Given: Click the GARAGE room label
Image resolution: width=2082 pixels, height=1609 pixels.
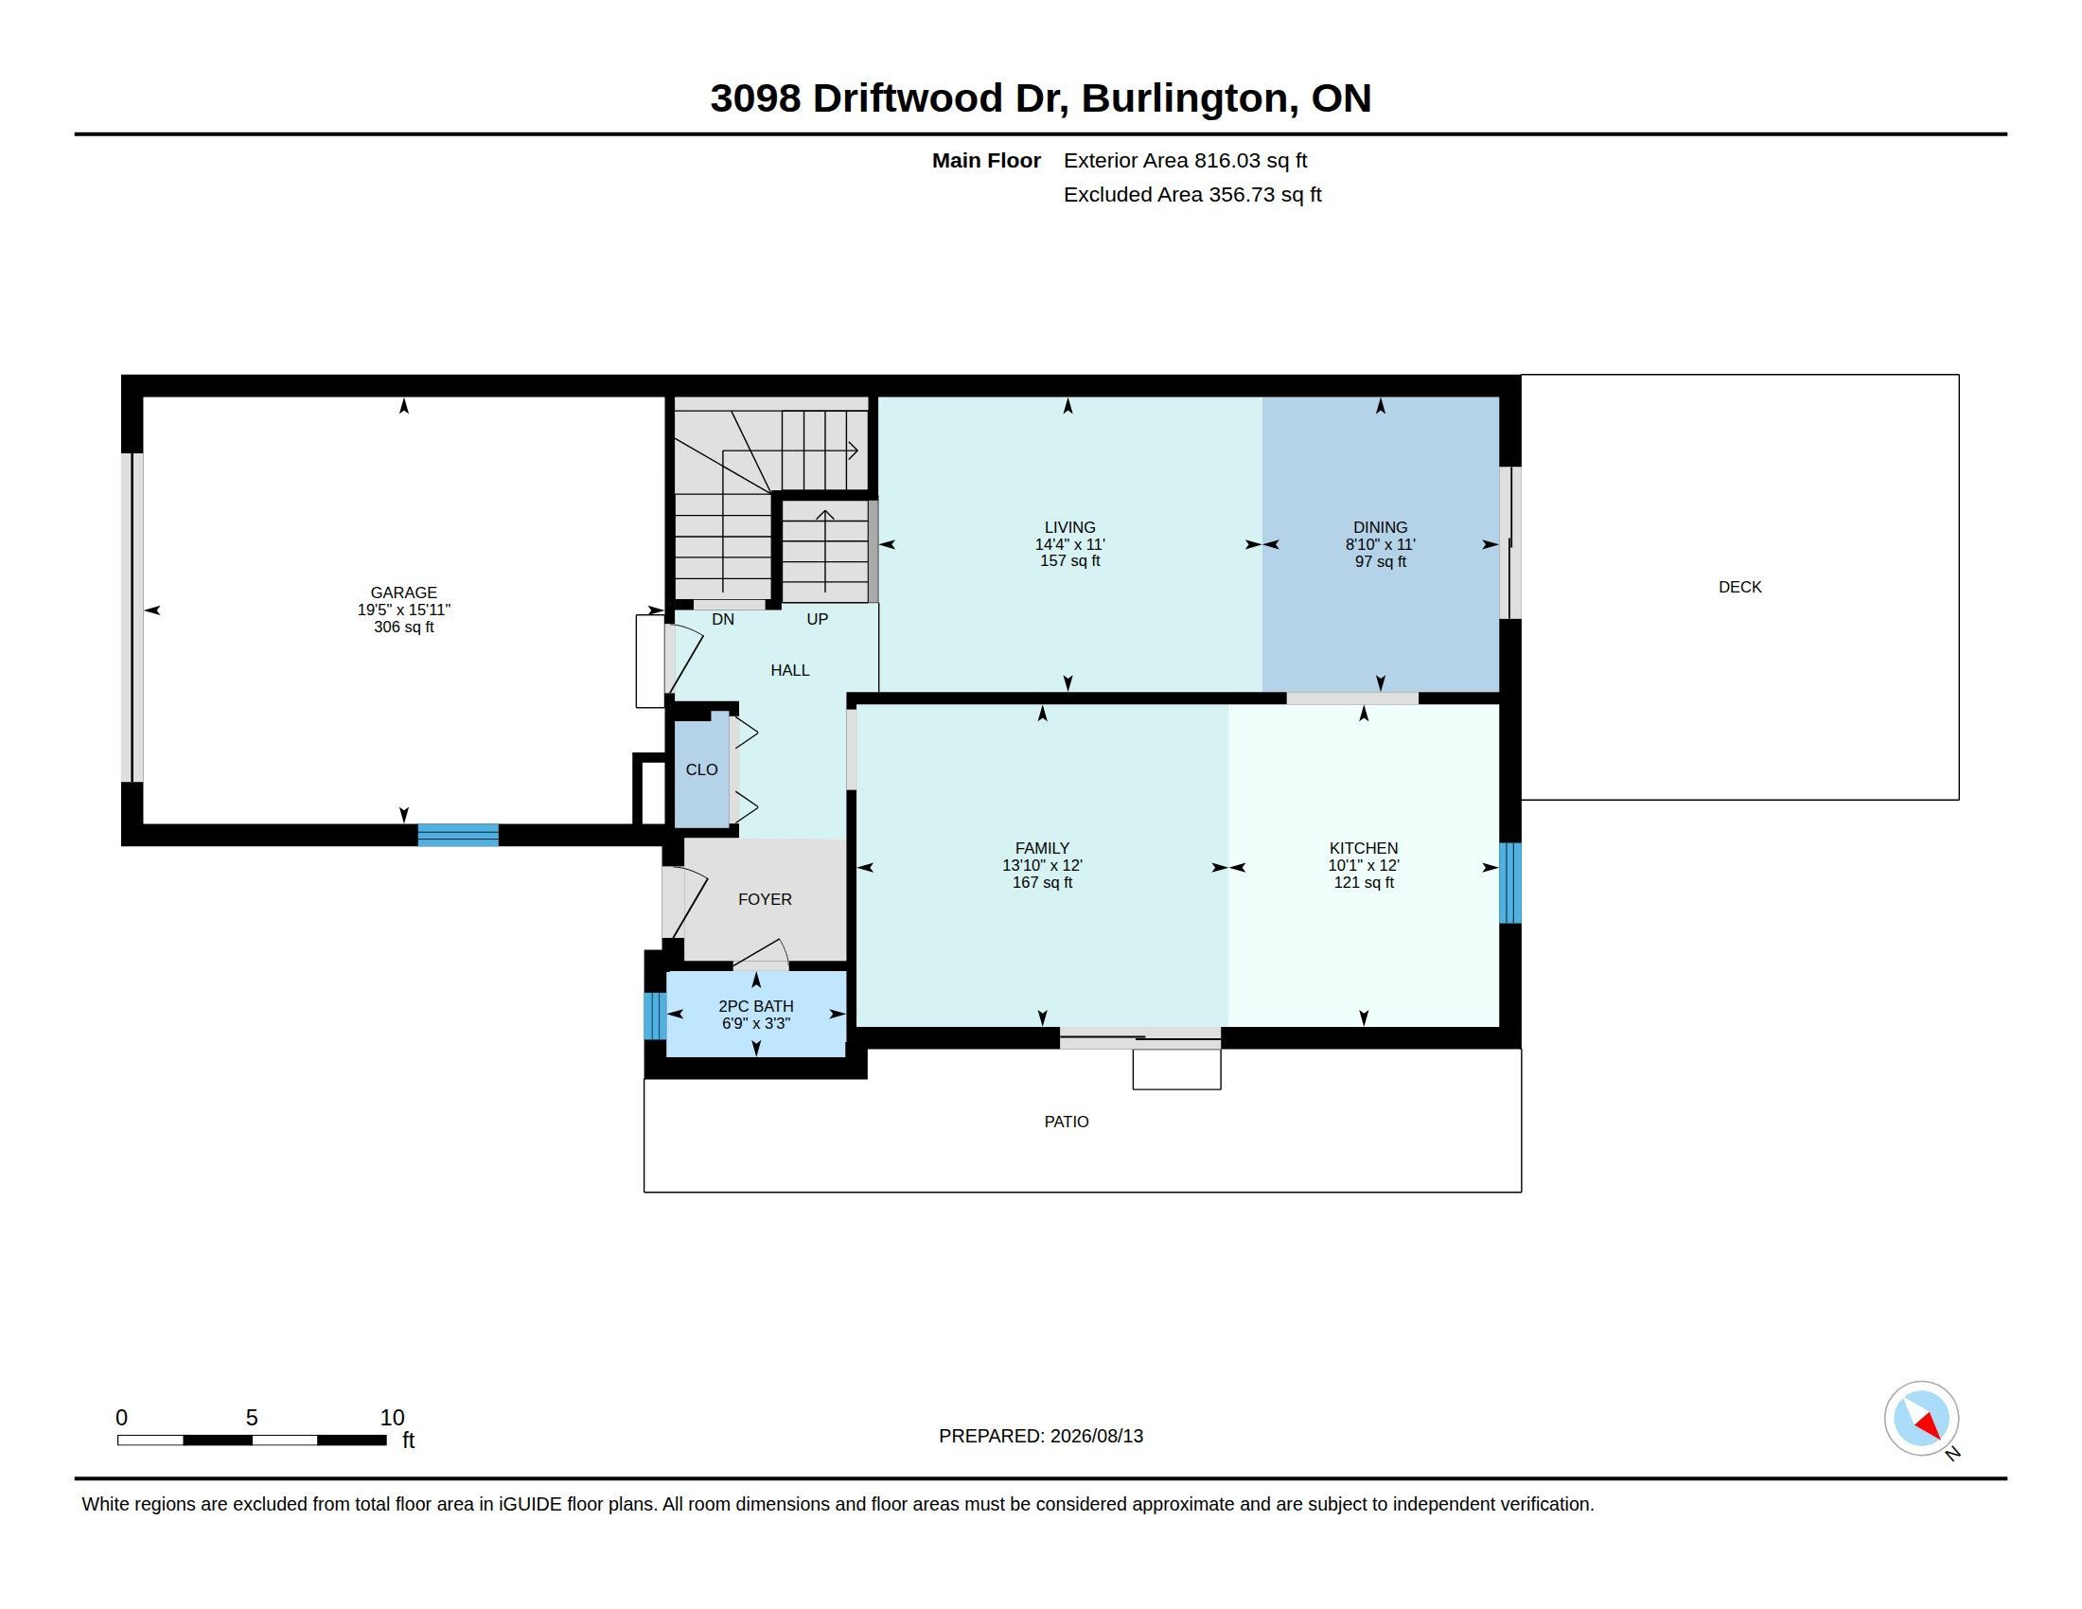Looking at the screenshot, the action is (403, 592).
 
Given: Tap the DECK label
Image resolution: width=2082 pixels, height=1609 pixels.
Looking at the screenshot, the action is (1739, 587).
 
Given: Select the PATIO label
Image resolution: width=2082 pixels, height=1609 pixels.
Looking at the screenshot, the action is (1066, 1122).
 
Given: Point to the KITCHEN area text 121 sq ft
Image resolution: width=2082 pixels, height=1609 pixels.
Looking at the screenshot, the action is (1363, 883).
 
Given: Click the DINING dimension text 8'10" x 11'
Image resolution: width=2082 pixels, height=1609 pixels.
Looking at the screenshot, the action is (1380, 544).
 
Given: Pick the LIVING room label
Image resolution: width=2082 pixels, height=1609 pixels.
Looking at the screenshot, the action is (1069, 527).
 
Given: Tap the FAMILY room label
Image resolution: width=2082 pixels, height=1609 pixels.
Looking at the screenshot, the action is (1042, 848).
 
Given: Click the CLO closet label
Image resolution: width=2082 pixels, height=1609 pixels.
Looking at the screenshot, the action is (701, 770).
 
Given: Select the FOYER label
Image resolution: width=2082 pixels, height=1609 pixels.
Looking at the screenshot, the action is (765, 899).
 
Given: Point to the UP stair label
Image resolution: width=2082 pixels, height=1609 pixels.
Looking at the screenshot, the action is (817, 620).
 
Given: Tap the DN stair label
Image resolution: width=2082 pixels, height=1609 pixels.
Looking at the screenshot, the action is (723, 620).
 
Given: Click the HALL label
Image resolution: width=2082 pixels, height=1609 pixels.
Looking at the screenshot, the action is (789, 670).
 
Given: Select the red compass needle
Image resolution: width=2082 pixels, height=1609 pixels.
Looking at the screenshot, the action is (1929, 1425).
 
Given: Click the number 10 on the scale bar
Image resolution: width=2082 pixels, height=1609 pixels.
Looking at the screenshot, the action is (392, 1418).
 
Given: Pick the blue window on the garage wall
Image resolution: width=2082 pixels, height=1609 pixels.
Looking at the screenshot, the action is (458, 835).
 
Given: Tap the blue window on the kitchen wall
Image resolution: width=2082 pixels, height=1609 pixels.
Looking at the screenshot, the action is (1510, 883).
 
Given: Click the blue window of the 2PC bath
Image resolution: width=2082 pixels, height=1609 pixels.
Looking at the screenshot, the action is (654, 1017).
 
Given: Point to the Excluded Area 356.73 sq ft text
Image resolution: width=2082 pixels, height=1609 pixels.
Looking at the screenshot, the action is (1191, 194).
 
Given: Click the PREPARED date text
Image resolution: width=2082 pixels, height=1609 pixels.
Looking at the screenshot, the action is (1040, 1436).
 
